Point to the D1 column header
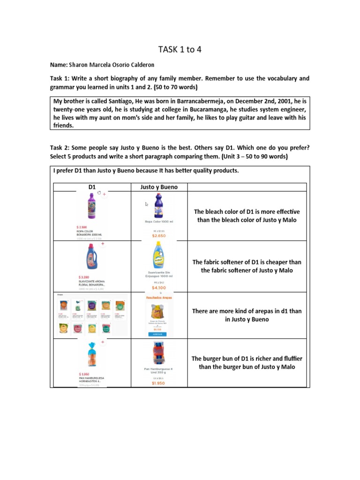[92, 187]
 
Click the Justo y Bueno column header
[159, 187]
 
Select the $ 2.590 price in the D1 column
[87, 227]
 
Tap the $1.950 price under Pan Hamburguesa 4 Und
[159, 383]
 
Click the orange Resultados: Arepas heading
[159, 297]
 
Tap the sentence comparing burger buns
[247, 362]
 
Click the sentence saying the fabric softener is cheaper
[247, 266]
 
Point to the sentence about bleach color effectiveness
[247, 216]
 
